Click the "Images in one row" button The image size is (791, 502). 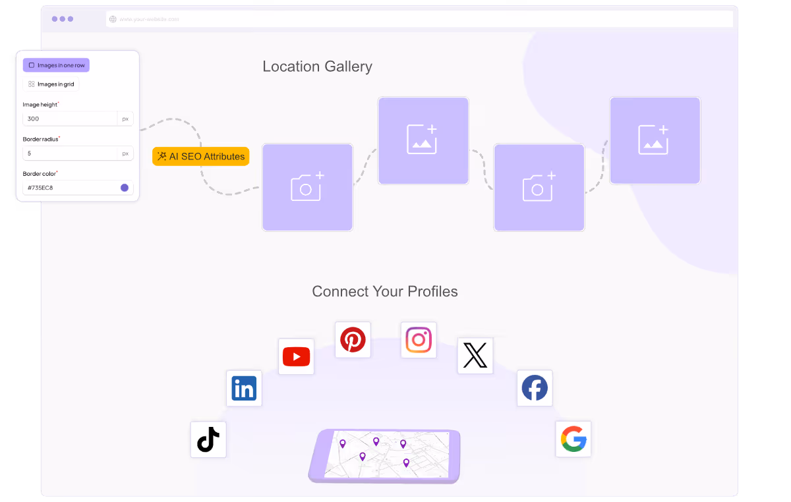click(56, 65)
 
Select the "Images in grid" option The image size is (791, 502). click(51, 84)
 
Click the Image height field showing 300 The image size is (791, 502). click(70, 119)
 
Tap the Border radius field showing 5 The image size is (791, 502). click(70, 153)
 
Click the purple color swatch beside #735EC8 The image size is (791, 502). click(125, 188)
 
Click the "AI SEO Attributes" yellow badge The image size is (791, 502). click(201, 156)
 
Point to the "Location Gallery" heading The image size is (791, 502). click(317, 67)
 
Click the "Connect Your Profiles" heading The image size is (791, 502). click(385, 291)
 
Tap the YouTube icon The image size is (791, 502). click(296, 356)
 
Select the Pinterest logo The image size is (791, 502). click(353, 340)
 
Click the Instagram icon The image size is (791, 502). click(419, 340)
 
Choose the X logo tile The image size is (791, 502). click(475, 356)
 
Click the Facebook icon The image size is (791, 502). click(535, 388)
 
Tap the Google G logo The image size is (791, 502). click(573, 439)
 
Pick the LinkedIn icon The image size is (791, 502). click(244, 388)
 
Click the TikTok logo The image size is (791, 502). click(208, 439)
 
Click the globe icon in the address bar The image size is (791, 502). click(113, 19)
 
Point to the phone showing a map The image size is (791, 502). click(384, 455)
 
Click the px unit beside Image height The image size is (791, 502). click(125, 119)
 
